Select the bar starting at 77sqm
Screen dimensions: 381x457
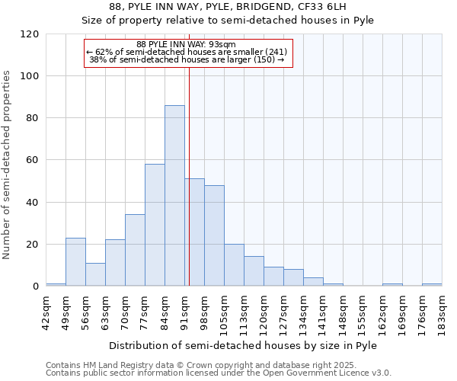coord(155,225)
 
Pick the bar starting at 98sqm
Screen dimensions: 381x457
coord(214,235)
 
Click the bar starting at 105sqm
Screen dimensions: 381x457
coord(234,265)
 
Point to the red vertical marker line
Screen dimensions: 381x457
coord(189,152)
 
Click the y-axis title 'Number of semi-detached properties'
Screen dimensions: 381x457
coord(8,165)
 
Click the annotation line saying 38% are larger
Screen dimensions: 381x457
coord(186,59)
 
